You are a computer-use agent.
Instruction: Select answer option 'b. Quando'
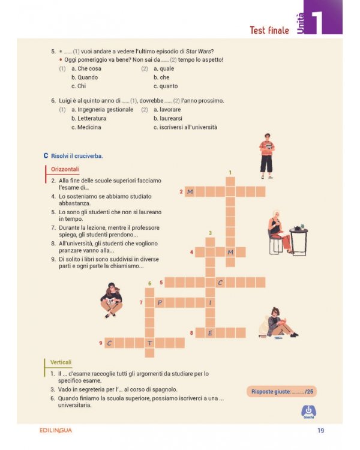84,77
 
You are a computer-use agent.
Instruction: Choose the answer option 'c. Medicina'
86,127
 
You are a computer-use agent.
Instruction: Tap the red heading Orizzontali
65,169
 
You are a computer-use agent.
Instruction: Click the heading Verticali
61,362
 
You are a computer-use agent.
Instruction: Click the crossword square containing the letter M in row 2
190,191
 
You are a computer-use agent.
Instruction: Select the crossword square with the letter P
160,302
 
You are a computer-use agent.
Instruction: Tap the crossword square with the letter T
150,343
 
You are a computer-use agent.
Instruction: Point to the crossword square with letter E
210,332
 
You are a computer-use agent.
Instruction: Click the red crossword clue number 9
101,343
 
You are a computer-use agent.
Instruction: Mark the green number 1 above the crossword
230,173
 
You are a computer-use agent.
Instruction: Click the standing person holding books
266,156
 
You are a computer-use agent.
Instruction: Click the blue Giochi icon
308,412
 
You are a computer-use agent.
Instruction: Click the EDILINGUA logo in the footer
52,430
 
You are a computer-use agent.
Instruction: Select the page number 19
321,430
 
